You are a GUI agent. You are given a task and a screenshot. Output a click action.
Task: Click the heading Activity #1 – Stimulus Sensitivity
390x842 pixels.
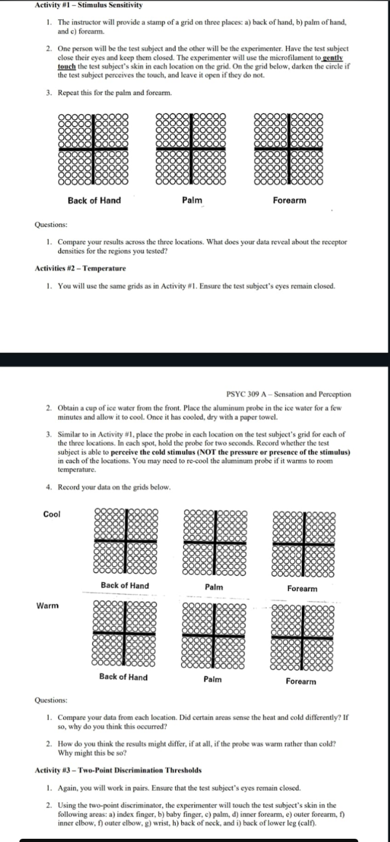[x=88, y=5]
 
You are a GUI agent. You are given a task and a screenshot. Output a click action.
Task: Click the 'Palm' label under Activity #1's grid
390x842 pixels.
[x=192, y=200]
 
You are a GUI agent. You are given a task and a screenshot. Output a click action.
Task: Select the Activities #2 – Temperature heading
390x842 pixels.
[x=80, y=268]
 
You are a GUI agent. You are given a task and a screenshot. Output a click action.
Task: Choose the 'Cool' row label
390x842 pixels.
[x=52, y=514]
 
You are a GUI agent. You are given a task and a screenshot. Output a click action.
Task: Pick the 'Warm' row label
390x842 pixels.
[x=47, y=606]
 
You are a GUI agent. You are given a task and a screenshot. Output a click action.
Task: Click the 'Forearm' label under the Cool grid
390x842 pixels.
[x=302, y=588]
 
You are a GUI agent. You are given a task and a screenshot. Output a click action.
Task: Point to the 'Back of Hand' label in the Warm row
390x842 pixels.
[x=123, y=677]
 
